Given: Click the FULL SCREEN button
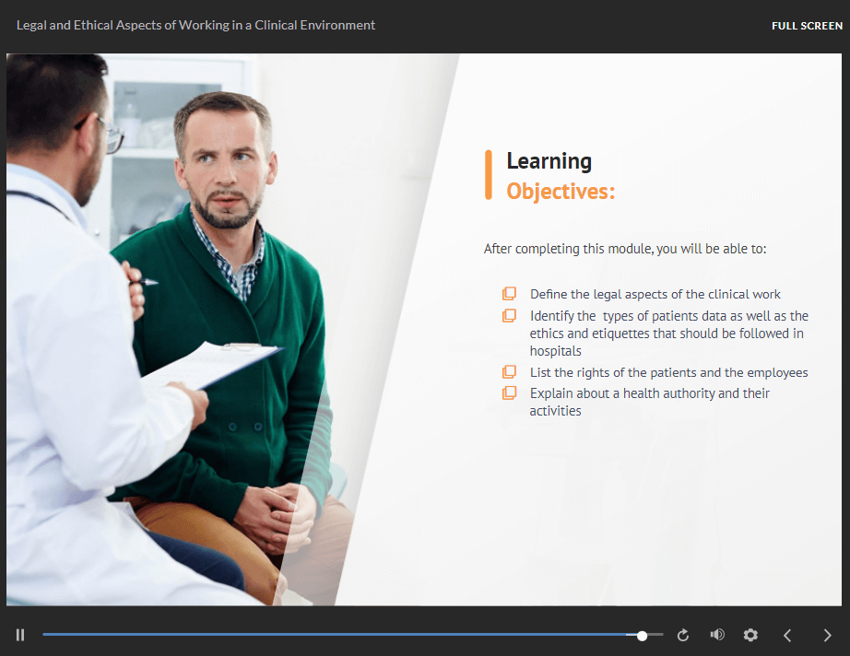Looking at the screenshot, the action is point(807,26).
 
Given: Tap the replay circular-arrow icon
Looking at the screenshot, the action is point(683,635).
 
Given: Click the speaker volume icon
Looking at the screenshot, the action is point(717,634).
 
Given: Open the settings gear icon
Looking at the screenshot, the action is point(750,635).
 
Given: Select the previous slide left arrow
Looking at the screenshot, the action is point(787,635).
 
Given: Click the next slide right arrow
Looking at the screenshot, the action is point(827,635).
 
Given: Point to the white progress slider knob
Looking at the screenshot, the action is point(642,636).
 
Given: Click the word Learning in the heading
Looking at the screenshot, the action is point(549,161).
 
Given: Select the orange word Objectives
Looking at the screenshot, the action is point(560,192).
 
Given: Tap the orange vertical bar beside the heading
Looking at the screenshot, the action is point(489,175).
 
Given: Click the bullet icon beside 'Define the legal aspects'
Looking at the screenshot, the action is point(509,294).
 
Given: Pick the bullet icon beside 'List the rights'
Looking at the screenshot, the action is point(509,371).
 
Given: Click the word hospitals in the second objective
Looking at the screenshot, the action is point(555,351).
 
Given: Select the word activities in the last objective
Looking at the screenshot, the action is point(555,411).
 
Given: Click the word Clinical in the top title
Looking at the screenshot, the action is point(276,25).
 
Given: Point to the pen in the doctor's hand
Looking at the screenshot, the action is point(144,282).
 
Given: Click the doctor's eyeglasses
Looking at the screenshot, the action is point(103,132).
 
